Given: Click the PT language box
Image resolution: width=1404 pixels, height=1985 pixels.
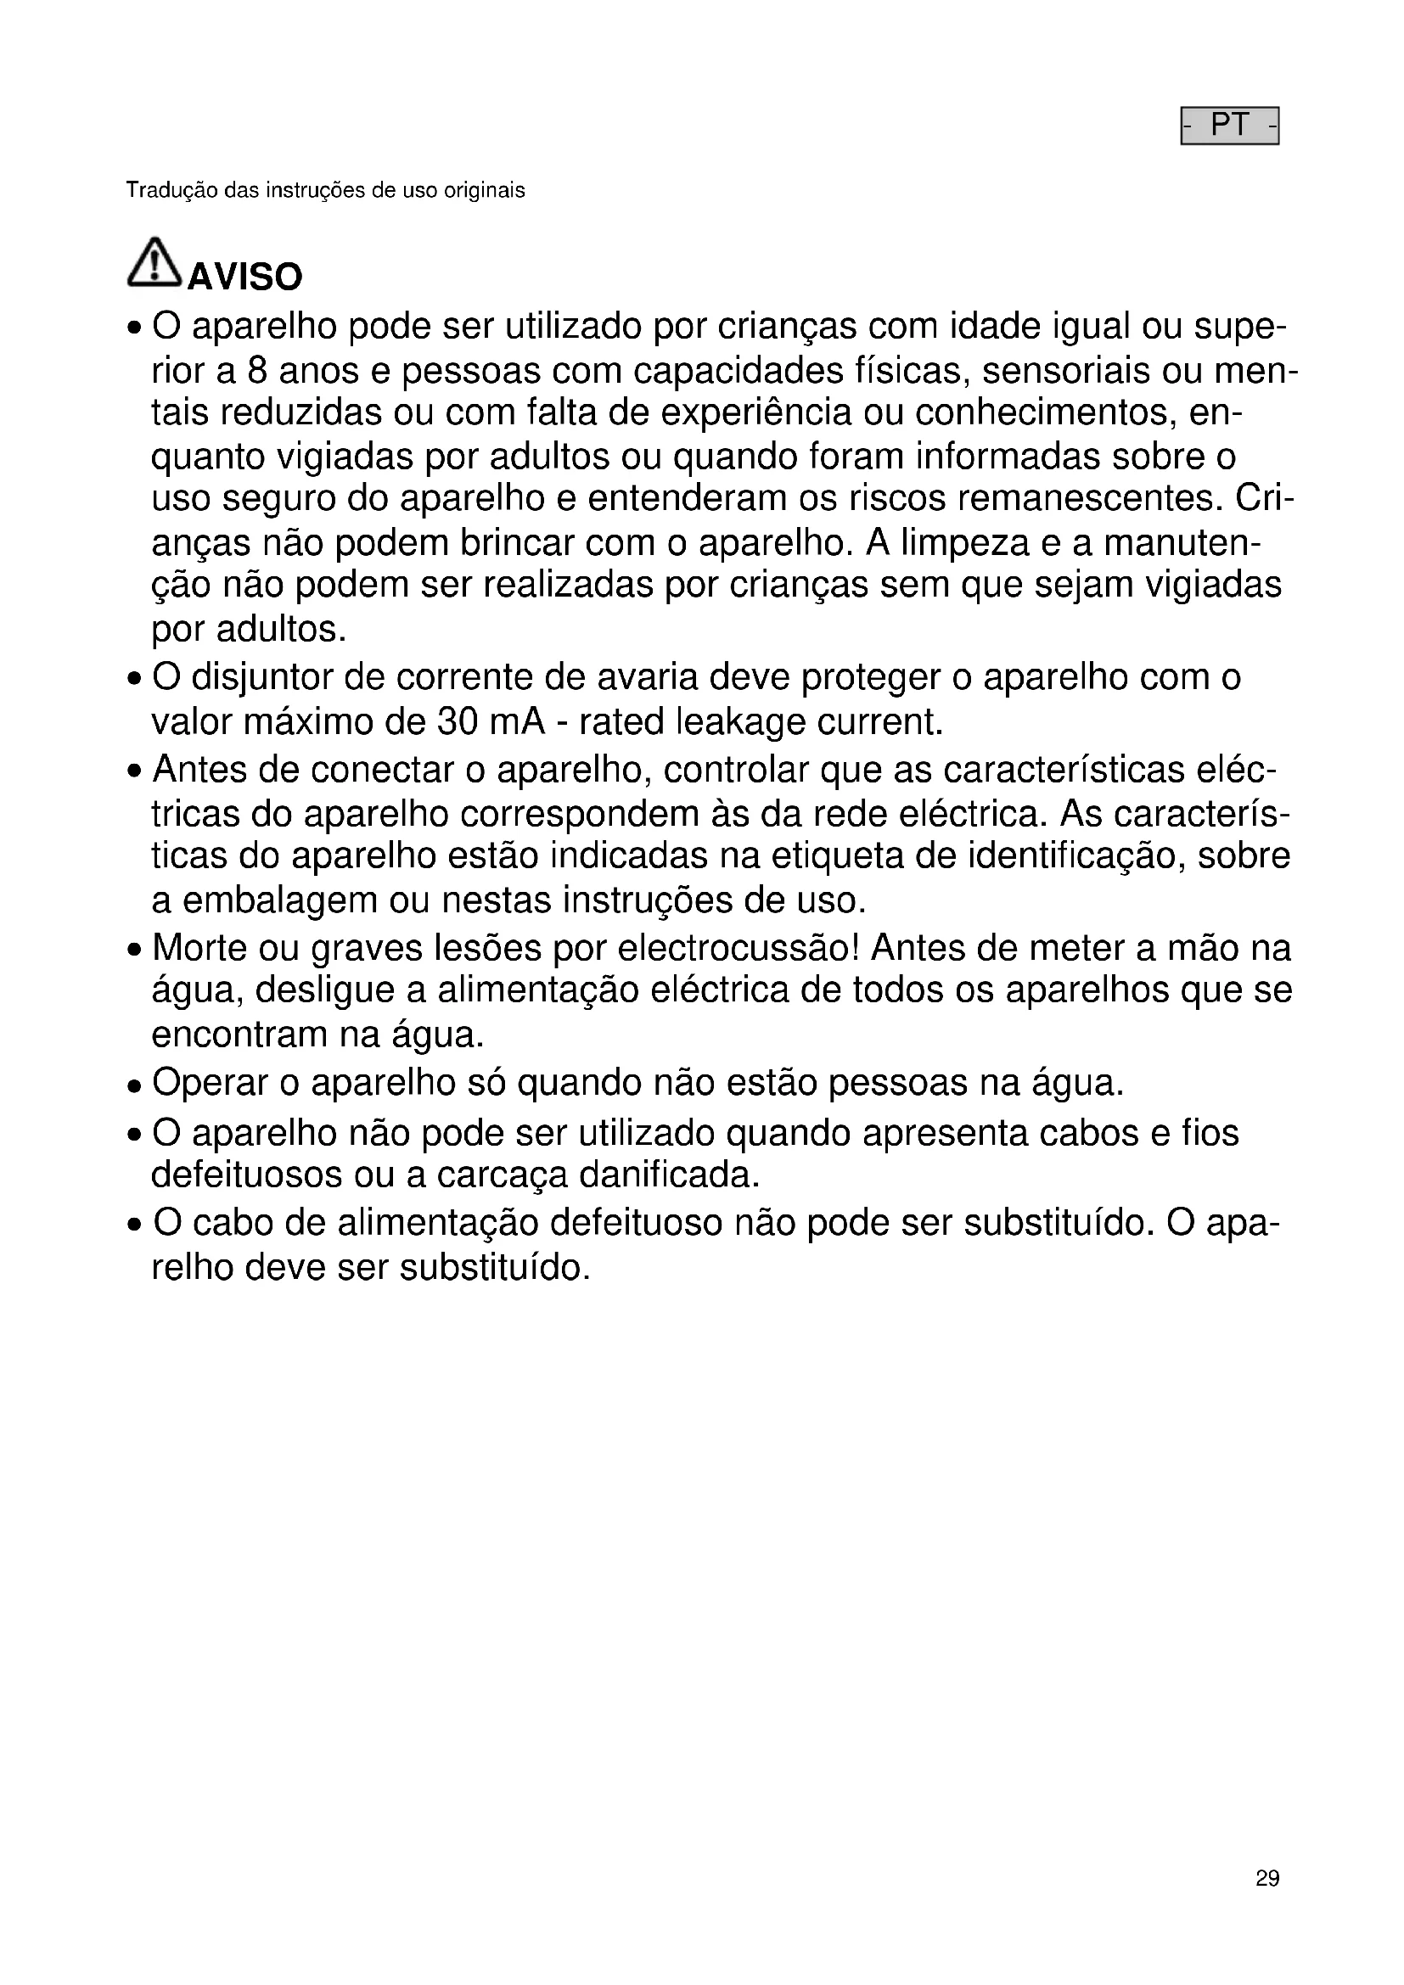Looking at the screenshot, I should click(x=1229, y=126).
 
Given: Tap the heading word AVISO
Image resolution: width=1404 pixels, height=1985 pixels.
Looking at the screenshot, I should click(x=245, y=278).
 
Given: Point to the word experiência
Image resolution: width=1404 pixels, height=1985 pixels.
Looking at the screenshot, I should click(x=756, y=414).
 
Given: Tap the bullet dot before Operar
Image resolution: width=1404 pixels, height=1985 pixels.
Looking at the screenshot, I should click(x=133, y=1086).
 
